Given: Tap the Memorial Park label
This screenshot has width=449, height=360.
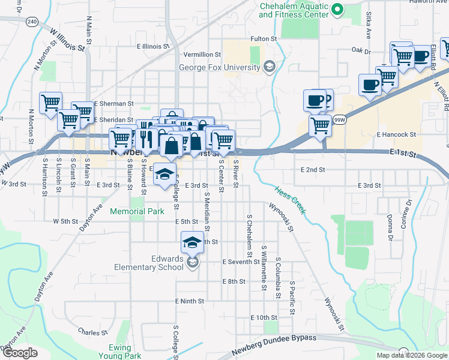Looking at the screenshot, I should (x=137, y=211).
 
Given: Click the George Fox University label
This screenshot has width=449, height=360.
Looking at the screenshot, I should (x=220, y=67).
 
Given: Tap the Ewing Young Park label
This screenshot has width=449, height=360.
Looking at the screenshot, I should (x=125, y=352).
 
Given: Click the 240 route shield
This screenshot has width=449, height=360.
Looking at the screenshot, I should (x=32, y=22).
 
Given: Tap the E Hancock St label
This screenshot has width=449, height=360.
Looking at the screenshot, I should (x=396, y=135).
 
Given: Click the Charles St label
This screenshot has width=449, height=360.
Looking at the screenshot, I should (x=92, y=331).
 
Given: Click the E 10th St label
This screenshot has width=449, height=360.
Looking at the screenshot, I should (x=264, y=317).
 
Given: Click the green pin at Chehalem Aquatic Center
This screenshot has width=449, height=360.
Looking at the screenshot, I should (x=337, y=8).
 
